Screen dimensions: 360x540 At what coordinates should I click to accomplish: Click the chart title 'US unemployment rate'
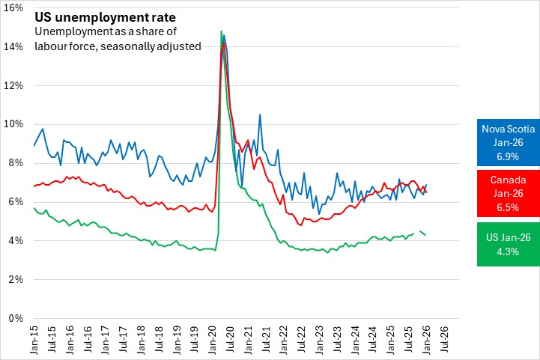pos(93,16)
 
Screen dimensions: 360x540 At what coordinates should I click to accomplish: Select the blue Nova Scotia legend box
pos(508,141)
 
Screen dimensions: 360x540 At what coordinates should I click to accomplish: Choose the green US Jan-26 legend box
pos(508,244)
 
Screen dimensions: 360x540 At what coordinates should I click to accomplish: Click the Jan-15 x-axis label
pos(34,341)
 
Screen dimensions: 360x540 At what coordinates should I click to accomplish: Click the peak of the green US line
pos(221,31)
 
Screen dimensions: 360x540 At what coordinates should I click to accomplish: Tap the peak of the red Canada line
pos(224,43)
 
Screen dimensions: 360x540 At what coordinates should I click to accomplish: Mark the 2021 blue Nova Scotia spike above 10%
pos(260,115)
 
